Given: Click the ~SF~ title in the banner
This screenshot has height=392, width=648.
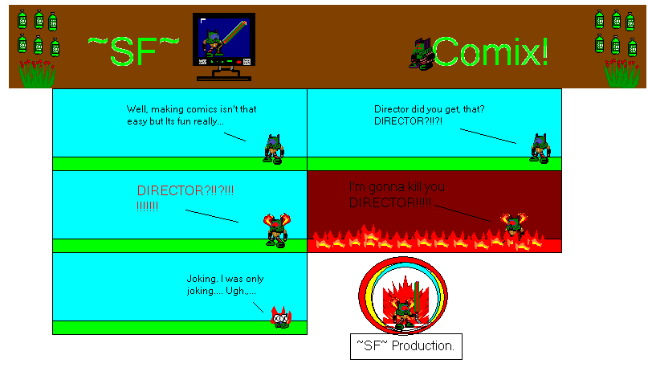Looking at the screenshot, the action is (x=132, y=51).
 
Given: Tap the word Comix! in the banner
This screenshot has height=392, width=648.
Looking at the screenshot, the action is (x=492, y=52).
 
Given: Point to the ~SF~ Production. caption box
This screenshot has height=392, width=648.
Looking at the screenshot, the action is (x=406, y=345).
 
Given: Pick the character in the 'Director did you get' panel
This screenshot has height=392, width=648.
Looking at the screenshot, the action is (x=540, y=149).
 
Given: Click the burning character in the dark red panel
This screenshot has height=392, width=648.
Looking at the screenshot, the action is (x=513, y=226).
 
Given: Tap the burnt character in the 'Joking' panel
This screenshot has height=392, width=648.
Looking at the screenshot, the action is (x=280, y=318).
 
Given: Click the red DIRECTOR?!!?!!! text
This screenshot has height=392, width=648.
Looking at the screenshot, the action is (x=185, y=192).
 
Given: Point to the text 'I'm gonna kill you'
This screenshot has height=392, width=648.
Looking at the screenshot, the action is (x=397, y=187).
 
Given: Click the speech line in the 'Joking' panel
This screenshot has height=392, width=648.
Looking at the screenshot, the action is (x=257, y=307).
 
